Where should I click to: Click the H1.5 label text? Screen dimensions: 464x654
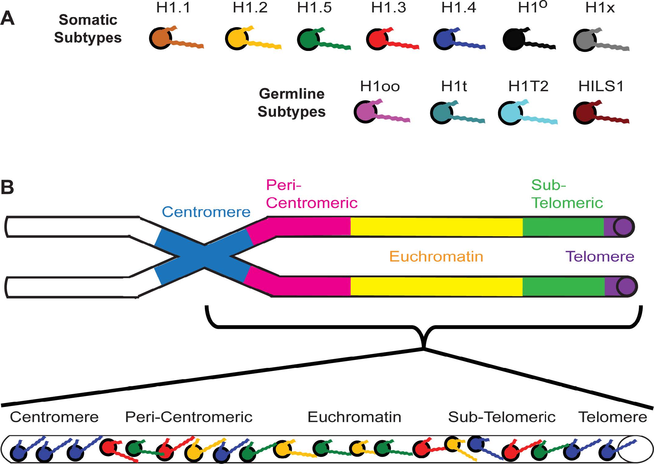[314, 8]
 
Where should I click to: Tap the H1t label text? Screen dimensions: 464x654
[454, 86]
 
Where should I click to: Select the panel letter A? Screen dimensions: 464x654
[8, 19]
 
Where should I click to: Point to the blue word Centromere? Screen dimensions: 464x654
[206, 212]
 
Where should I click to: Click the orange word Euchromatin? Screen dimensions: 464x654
[436, 257]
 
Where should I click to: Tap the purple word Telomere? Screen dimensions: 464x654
[599, 257]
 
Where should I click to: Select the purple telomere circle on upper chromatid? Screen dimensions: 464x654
[623, 227]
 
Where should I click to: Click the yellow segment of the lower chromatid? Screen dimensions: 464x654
[436, 286]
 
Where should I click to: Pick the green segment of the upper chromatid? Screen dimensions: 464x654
[563, 227]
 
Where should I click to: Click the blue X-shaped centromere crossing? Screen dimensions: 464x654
[204, 257]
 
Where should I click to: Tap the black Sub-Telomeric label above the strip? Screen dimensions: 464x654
[502, 417]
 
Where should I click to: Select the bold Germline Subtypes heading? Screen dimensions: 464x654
[291, 103]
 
